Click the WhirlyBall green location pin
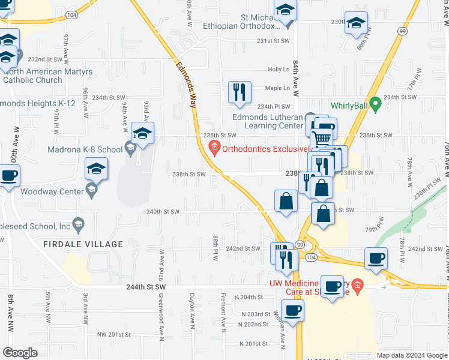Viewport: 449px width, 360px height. tap(376, 105)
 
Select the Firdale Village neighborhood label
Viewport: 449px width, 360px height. tap(92, 244)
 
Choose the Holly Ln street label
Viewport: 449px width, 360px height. tap(279, 70)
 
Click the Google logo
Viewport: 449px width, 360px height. tap(20, 352)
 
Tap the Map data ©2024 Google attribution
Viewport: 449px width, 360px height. tap(411, 355)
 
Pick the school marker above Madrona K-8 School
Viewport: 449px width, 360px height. tap(143, 133)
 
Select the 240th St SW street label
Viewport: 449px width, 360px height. tap(164, 212)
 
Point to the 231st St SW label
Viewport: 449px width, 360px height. tap(273, 41)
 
